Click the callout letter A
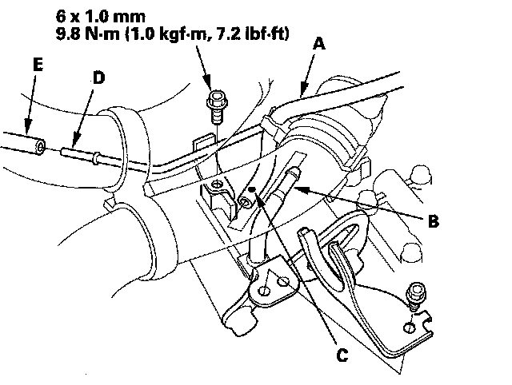click(x=319, y=44)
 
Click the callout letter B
click(x=433, y=221)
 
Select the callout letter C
click(x=342, y=355)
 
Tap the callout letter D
click(x=98, y=78)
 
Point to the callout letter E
click(x=38, y=64)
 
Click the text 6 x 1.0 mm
click(x=100, y=16)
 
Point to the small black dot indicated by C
click(x=251, y=189)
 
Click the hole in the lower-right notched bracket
click(x=410, y=327)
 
